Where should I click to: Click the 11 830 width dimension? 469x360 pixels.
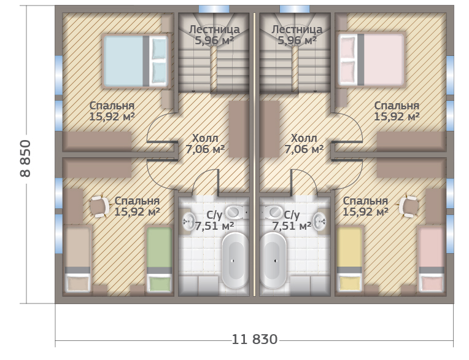255,339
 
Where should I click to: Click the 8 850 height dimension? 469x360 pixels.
25,158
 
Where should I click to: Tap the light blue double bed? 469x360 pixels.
136,61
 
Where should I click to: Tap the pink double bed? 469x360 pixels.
371,60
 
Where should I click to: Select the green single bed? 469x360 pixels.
159,259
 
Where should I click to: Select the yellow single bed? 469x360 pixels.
349,259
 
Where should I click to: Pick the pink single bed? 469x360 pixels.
431,259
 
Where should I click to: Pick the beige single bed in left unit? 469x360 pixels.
77,259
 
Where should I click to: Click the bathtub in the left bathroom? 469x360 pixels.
234,260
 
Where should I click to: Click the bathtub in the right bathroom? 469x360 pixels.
274,260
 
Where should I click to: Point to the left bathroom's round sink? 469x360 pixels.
188,221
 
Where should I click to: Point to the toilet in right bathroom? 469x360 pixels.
273,213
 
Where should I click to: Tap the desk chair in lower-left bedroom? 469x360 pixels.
100,206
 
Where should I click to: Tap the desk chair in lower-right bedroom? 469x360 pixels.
409,206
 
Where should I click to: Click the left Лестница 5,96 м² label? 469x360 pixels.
214,35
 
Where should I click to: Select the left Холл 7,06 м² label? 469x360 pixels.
205,144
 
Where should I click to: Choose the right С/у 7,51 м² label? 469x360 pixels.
292,221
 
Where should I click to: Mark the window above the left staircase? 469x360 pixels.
214,9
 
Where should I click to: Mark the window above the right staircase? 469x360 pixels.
295,9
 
